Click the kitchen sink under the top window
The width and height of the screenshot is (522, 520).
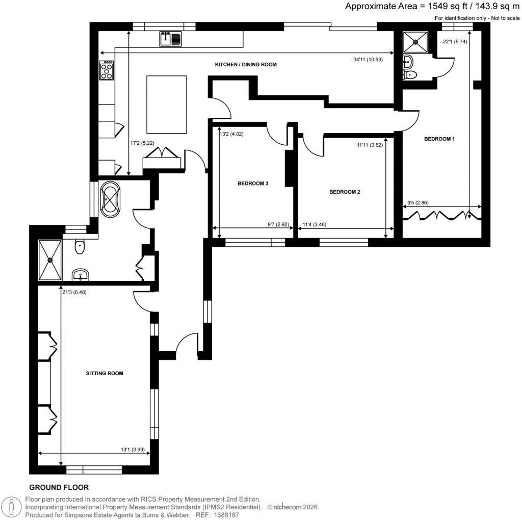[170, 39]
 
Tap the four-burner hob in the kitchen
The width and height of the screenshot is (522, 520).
[107, 70]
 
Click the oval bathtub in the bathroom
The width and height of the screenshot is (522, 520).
[111, 199]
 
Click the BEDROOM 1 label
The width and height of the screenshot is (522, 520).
[438, 139]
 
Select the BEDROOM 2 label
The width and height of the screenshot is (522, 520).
[345, 192]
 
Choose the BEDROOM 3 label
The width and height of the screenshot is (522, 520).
[253, 184]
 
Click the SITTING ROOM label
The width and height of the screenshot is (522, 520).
[105, 374]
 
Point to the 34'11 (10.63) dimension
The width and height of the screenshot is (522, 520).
[368, 59]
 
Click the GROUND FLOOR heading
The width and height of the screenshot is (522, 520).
[59, 487]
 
